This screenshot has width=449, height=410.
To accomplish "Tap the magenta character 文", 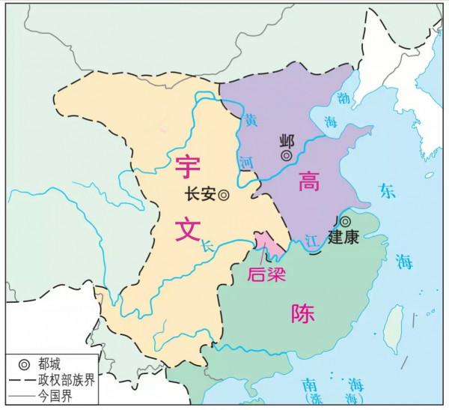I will [x=187, y=226].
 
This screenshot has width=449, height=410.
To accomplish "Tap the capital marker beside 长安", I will [x=223, y=194].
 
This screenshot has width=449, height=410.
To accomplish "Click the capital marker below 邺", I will [x=287, y=156].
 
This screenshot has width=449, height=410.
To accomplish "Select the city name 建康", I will [x=344, y=238].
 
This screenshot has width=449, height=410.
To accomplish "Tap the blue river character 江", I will [x=312, y=240].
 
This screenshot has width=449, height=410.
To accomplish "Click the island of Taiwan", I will [x=389, y=325].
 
